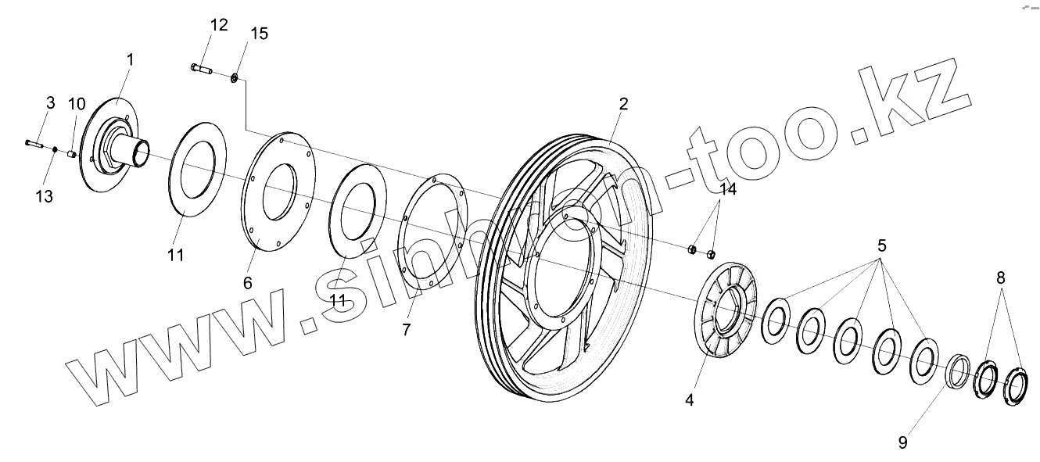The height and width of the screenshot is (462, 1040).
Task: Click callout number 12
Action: coord(219,25)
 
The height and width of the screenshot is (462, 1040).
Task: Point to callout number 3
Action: coord(50,102)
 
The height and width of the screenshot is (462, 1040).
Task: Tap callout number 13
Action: coord(45,196)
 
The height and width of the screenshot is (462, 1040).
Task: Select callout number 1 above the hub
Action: coord(131,59)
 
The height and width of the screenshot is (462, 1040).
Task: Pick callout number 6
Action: coord(247,283)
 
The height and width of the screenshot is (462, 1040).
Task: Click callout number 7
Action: coord(407,329)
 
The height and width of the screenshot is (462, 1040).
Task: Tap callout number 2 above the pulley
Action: coord(623,104)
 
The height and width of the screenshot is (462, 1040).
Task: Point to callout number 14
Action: coord(727,190)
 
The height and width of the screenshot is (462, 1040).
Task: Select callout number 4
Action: coord(689,400)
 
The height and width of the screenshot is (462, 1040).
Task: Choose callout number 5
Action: coord(882,246)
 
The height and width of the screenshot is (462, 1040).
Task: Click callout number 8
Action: coord(1001,278)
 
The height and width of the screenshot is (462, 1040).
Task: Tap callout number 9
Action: coord(903,442)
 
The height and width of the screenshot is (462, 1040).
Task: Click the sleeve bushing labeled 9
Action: coord(956,371)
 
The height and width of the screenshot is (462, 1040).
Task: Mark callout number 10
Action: coord(76,103)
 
